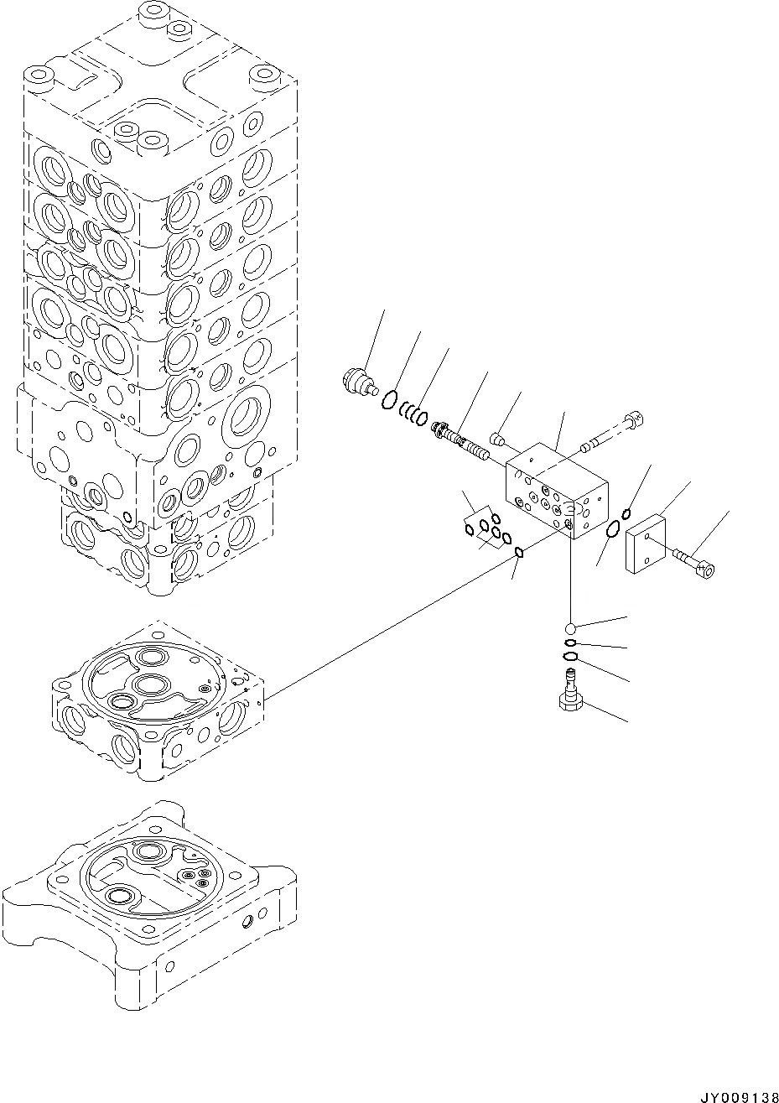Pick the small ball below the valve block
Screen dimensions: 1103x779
570,628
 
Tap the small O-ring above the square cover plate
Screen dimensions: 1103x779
626,513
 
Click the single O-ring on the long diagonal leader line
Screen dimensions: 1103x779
518,552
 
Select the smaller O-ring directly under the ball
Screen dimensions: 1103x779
570,643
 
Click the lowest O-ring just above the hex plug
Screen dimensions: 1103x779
570,656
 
